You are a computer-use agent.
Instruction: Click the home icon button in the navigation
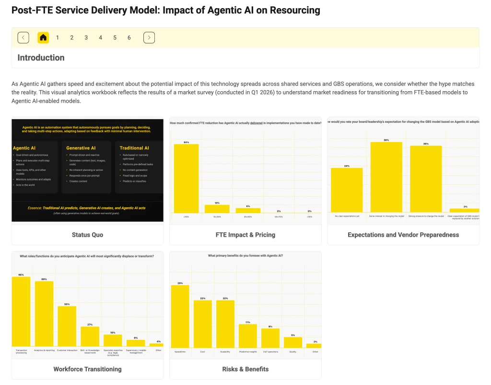point(44,37)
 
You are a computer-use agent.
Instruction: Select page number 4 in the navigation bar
point(100,37)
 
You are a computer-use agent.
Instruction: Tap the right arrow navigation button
point(149,37)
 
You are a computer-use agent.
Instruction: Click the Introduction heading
point(41,58)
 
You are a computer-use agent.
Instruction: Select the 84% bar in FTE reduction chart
point(186,178)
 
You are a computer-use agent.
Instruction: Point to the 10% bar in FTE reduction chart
point(217,209)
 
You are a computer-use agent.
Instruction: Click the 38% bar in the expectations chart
point(386,177)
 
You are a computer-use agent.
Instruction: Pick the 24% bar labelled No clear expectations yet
point(347,190)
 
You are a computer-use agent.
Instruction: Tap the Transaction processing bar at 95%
point(21,311)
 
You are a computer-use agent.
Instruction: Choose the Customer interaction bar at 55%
point(67,326)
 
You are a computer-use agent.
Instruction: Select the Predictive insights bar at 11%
point(248,336)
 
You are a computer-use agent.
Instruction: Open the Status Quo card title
point(87,235)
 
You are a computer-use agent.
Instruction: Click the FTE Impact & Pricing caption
point(245,235)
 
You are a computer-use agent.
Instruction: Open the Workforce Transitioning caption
point(87,369)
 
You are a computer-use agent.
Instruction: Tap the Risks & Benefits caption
point(245,369)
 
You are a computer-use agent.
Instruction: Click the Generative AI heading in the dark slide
point(81,148)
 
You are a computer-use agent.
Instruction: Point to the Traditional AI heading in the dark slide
point(134,148)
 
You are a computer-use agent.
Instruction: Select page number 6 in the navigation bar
point(129,37)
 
